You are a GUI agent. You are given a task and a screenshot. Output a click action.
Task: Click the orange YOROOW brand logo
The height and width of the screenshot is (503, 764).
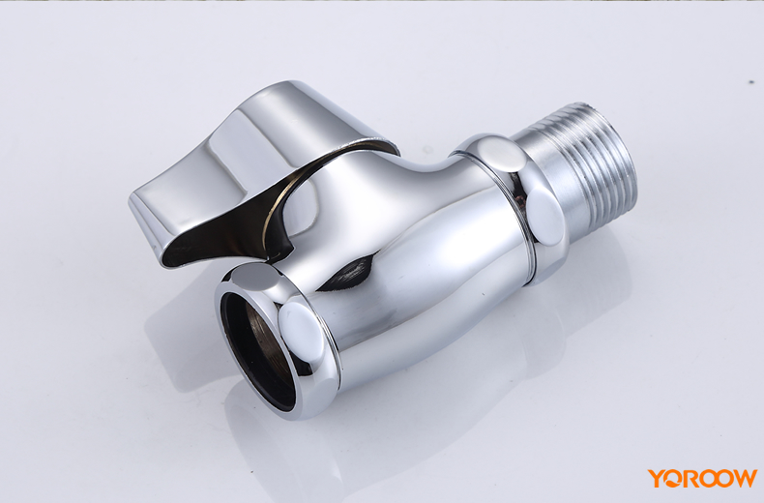point(702,478)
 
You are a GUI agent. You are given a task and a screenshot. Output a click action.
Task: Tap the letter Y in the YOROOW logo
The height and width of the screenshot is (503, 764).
point(656,478)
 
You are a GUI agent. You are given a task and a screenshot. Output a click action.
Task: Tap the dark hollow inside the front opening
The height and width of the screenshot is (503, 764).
point(257,350)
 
